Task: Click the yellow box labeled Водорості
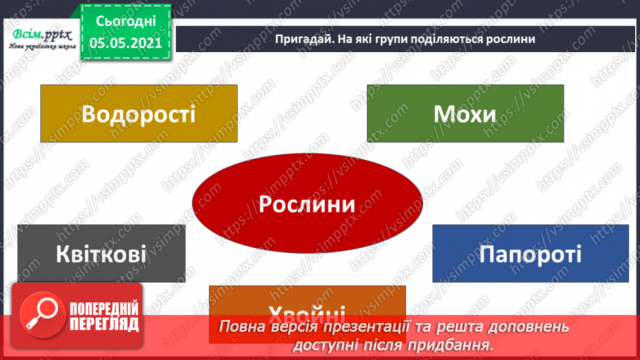(138, 113)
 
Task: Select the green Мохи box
(465, 113)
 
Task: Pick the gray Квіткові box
(101, 254)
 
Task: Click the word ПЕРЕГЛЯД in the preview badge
(104, 325)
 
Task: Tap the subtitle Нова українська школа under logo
(40, 47)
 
